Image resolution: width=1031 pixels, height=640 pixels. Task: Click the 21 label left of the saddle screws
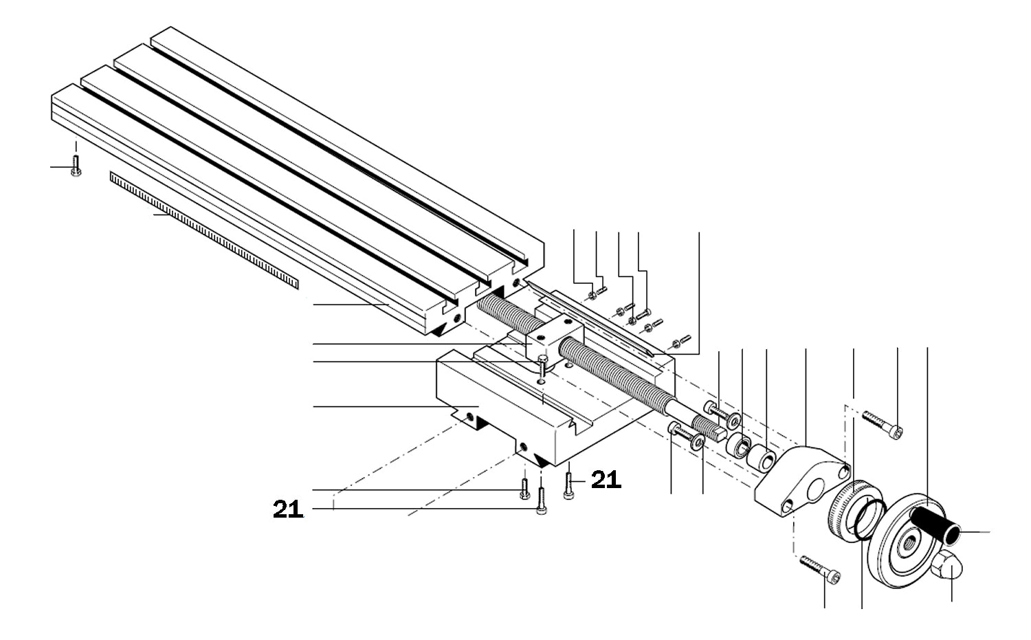[288, 509]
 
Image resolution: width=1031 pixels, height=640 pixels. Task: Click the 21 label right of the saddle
[606, 480]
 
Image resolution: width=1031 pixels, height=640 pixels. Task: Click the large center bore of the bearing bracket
[817, 490]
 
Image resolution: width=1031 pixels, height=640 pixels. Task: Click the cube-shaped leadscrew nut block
[554, 338]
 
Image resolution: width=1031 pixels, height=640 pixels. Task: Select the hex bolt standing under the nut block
[542, 364]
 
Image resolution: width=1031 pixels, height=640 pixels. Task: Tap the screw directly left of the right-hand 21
[568, 485]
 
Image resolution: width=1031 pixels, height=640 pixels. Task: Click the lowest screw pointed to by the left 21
[541, 501]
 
